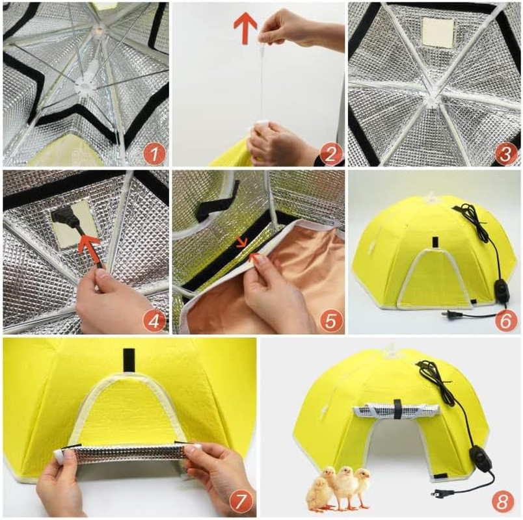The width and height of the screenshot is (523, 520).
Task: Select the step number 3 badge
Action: [505, 153]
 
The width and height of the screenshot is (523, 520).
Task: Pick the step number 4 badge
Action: [154, 321]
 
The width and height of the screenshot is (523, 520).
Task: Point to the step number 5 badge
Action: [330, 321]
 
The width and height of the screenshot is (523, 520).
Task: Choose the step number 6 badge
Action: [505, 321]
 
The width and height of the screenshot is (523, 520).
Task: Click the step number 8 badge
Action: [502, 501]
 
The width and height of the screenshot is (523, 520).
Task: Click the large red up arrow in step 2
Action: [245, 28]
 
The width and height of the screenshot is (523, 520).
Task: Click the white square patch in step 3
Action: [438, 32]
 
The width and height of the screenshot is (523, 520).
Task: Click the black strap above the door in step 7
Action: [128, 360]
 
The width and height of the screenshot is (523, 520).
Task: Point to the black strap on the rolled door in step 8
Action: [397, 406]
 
